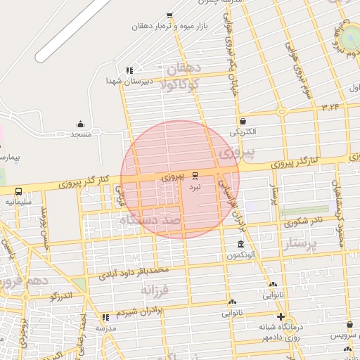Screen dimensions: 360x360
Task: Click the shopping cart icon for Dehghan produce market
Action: [169, 15]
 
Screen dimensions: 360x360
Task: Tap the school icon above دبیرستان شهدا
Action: [129, 70]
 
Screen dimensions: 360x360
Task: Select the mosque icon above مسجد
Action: [79, 123]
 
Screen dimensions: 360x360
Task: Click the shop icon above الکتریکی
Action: [243, 121]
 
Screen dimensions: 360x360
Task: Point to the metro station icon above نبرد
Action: [195, 176]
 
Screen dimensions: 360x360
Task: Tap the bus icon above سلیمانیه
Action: [18, 191]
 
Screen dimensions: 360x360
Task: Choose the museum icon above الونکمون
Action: [240, 244]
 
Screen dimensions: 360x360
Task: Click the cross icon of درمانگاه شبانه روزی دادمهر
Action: [281, 316]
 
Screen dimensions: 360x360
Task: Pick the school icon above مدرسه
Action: [106, 317]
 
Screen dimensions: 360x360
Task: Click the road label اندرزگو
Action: [62, 297]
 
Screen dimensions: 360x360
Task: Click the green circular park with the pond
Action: [349, 34]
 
